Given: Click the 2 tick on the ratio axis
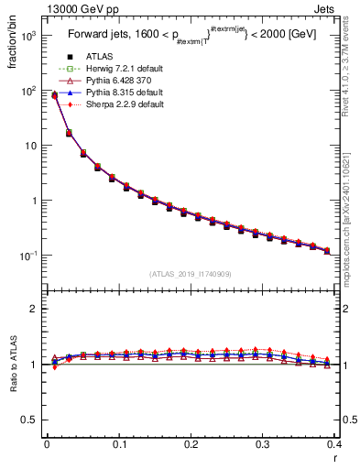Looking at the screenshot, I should click(34, 309).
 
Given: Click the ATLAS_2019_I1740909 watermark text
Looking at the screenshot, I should click(190, 274).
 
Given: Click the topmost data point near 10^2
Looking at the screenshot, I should click(54, 94).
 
